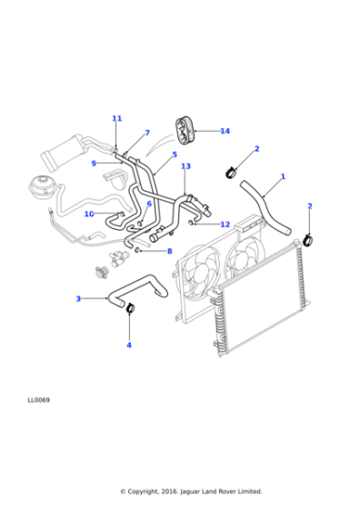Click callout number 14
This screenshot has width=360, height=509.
pyautogui.click(x=225, y=131)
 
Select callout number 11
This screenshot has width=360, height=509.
pyautogui.click(x=117, y=118)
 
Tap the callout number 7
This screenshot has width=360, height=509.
pyautogui.click(x=147, y=133)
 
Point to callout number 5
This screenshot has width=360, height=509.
pyautogui.click(x=175, y=155)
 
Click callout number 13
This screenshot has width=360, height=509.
pyautogui.click(x=185, y=166)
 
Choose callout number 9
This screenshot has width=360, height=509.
pyautogui.click(x=94, y=164)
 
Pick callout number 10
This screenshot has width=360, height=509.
pyautogui.click(x=89, y=214)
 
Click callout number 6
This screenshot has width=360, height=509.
pyautogui.click(x=149, y=204)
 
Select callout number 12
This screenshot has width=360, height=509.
pyautogui.click(x=225, y=225)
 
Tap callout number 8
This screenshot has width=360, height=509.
pyautogui.click(x=169, y=251)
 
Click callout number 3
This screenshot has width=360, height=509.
pyautogui.click(x=78, y=299)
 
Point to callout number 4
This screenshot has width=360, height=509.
pyautogui.click(x=129, y=345)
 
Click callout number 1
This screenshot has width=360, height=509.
pyautogui.click(x=283, y=176)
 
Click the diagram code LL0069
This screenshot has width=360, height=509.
pyautogui.click(x=38, y=400)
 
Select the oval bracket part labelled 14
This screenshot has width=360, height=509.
pyautogui.click(x=185, y=131)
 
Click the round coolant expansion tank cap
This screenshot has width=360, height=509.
pyautogui.click(x=42, y=185)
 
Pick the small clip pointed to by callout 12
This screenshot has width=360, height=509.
pyautogui.click(x=192, y=223)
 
